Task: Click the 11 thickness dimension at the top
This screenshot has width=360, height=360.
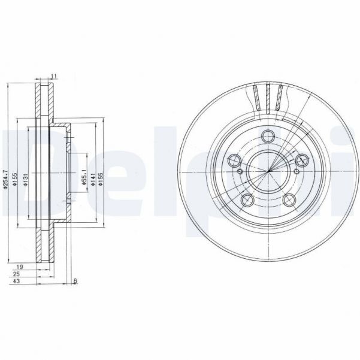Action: tap(54, 76)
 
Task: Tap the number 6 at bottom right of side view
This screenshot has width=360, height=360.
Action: tap(75, 281)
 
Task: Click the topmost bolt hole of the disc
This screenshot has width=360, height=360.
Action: tap(267, 135)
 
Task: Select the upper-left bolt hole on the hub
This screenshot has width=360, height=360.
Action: tap(235, 161)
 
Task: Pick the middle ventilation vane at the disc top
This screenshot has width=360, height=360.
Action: tap(268, 96)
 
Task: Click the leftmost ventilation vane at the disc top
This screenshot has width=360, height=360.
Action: tap(258, 98)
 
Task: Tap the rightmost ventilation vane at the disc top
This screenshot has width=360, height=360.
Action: tap(279, 98)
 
